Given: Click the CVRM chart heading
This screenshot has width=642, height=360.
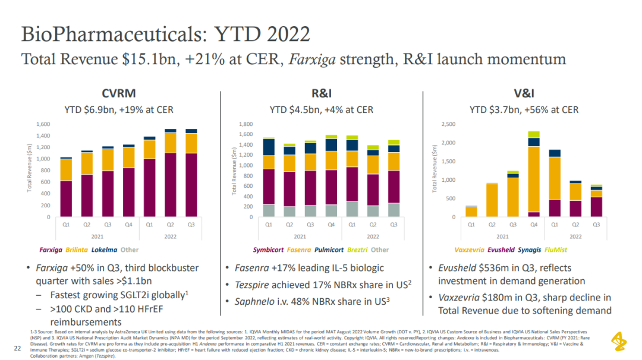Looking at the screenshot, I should tap(119, 93).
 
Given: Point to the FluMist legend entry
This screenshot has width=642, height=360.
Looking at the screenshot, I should tap(558, 250).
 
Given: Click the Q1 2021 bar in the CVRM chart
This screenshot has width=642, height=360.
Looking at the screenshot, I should tap(66, 187).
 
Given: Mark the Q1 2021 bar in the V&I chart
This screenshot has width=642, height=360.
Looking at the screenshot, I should tap(471, 211).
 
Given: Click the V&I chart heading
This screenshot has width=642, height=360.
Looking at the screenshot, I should tap(524, 93).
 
